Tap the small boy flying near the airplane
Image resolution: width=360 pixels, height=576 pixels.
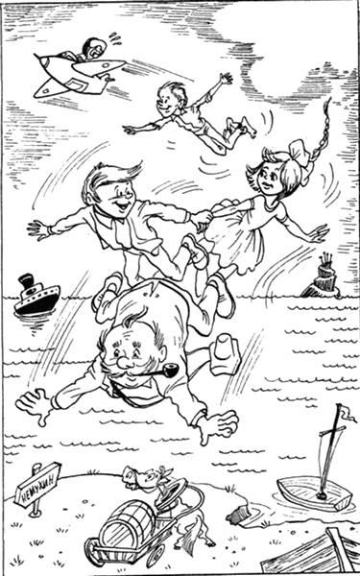(182, 106)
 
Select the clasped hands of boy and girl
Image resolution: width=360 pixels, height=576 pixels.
(201, 221)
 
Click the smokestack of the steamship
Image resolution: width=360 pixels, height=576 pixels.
(26, 285)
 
